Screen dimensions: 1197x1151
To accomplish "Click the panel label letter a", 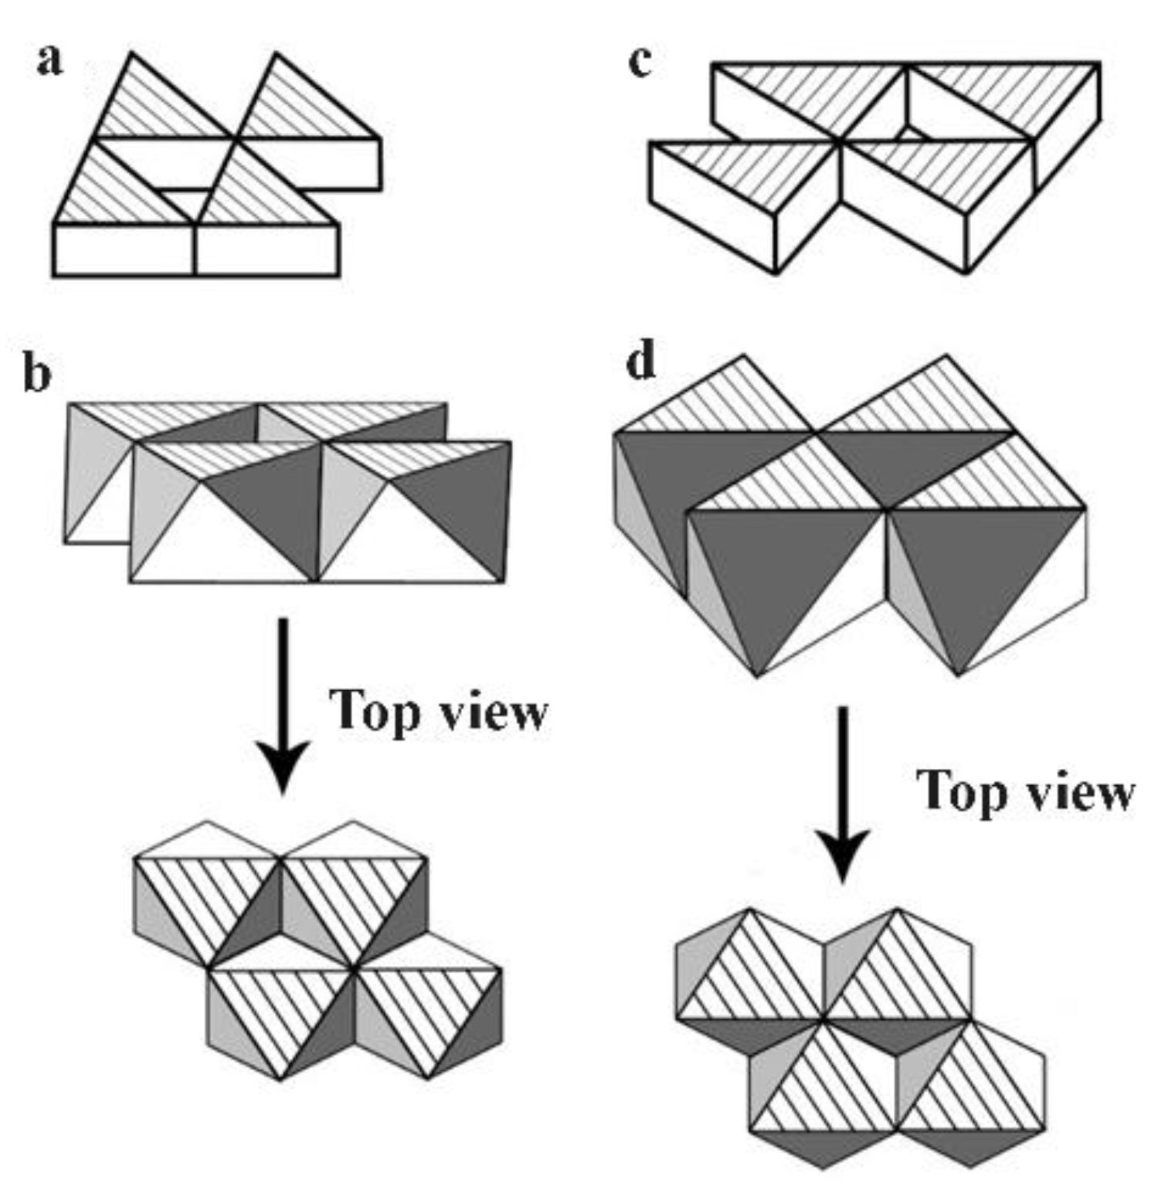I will tap(49, 60).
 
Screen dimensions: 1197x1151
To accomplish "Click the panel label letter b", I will tap(37, 374).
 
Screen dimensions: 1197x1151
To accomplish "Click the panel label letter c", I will tap(640, 61).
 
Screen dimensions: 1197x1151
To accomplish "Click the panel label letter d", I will tap(640, 361).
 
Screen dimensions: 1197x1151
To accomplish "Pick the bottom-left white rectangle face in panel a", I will tap(124, 250).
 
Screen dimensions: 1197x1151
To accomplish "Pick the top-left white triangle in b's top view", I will tap(205, 841).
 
